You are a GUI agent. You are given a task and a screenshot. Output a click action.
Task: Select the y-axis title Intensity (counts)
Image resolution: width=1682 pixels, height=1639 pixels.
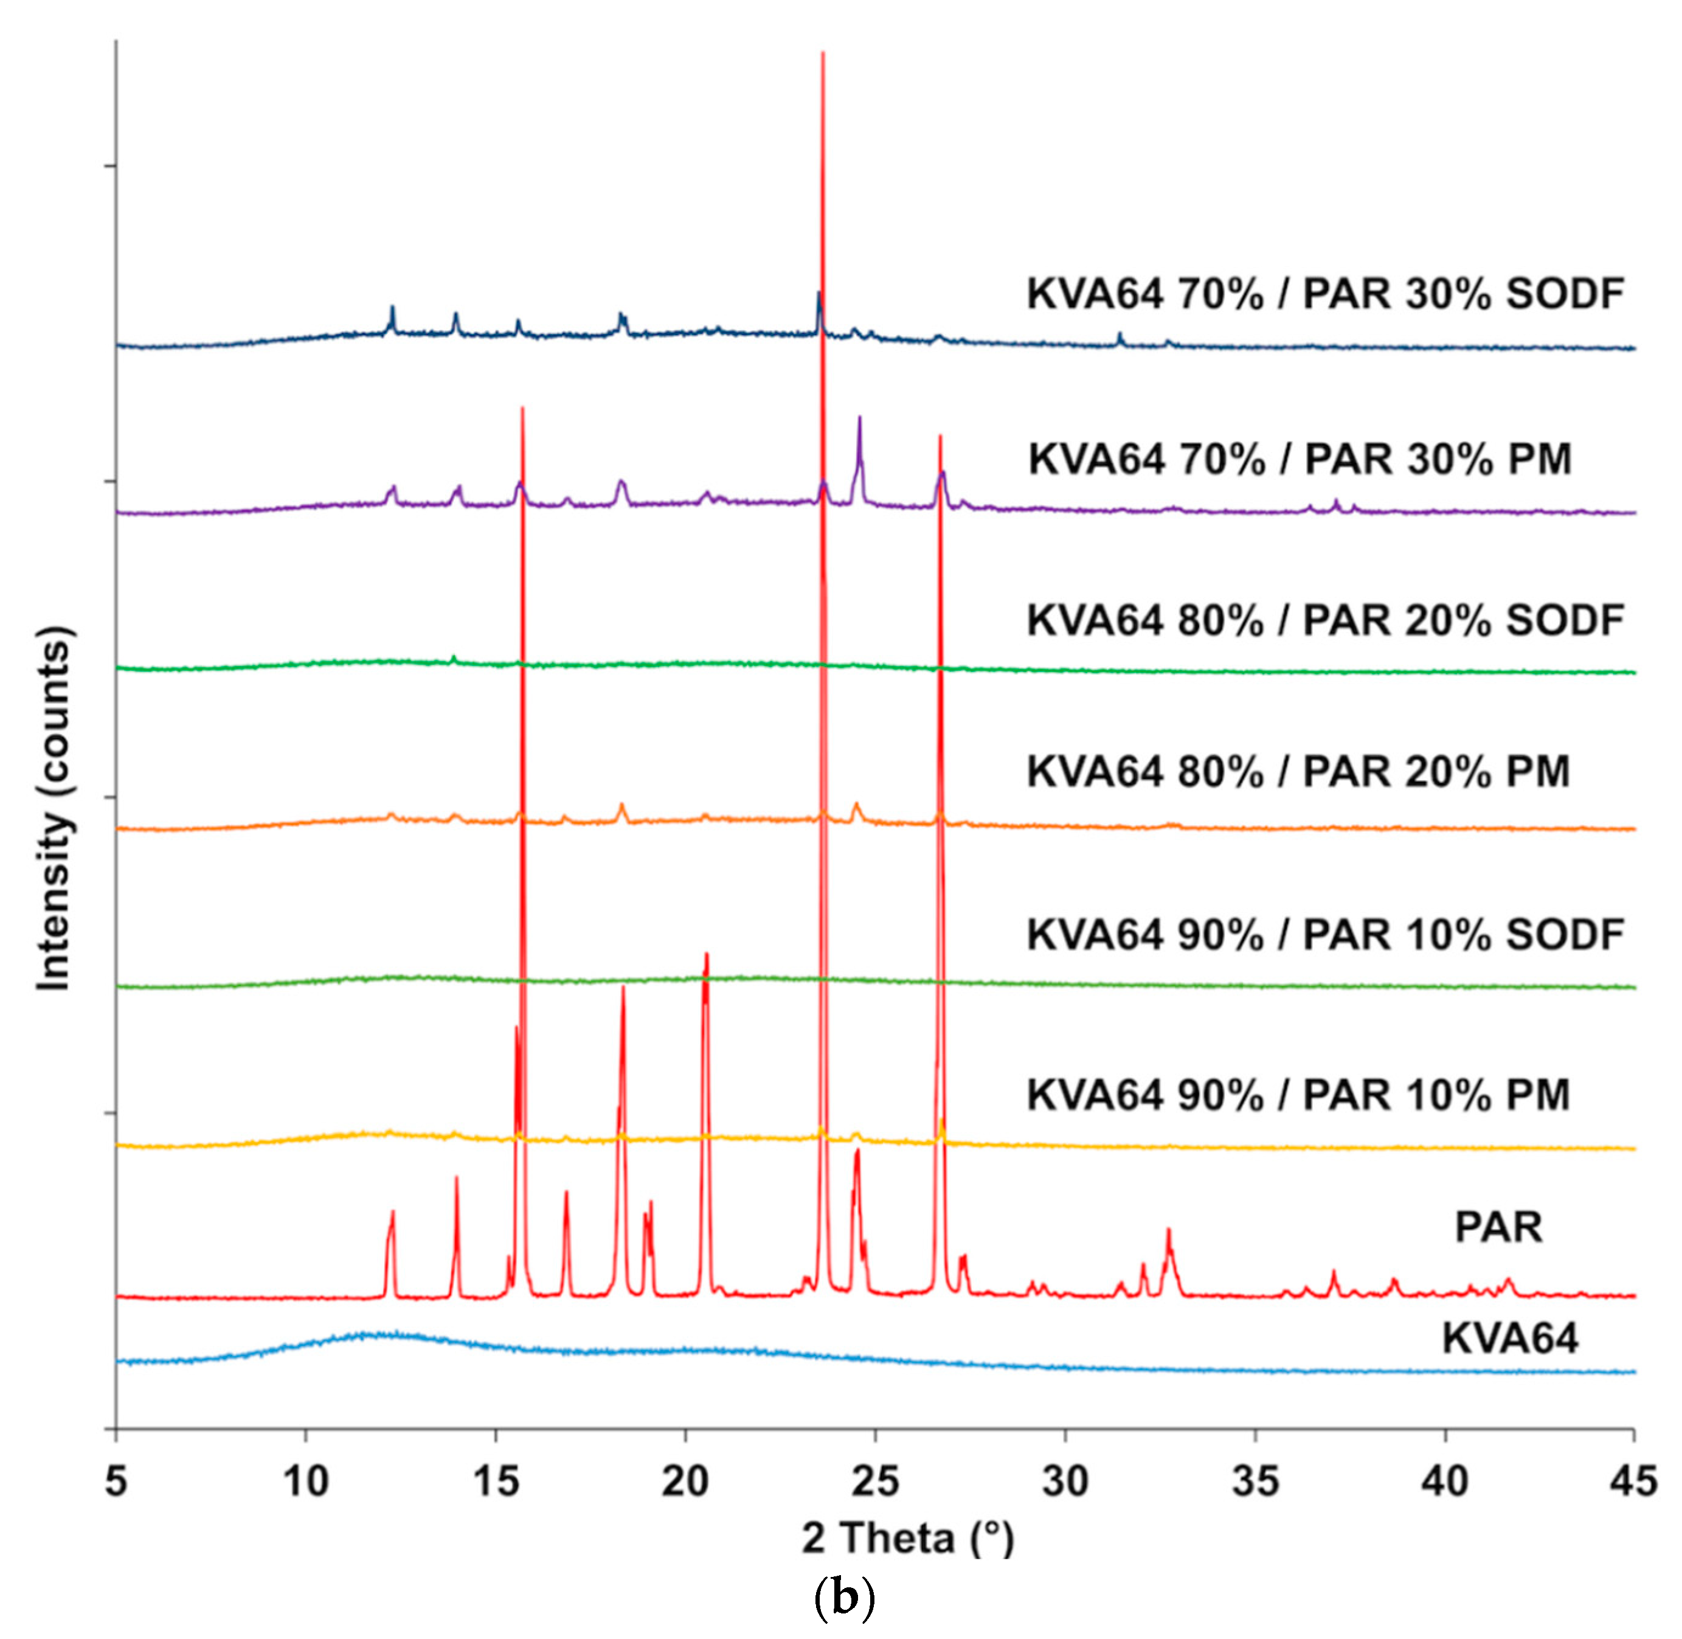[54, 809]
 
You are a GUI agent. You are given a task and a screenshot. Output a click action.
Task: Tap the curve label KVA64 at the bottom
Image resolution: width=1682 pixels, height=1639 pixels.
[1510, 1339]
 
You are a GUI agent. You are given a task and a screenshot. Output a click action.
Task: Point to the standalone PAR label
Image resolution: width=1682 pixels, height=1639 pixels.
[1498, 1227]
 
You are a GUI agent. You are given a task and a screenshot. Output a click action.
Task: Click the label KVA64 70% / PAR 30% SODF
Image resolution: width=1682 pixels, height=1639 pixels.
[1325, 294]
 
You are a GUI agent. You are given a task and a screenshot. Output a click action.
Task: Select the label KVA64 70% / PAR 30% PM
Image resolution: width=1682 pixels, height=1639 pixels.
[1300, 459]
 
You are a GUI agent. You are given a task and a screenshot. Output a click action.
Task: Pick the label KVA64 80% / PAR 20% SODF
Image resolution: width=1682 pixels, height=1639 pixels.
[1325, 621]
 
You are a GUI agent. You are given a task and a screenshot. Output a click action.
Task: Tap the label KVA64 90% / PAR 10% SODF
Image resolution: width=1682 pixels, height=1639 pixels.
[1325, 935]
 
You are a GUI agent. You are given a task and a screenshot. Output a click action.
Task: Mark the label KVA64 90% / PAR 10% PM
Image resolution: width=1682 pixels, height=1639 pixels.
[1298, 1095]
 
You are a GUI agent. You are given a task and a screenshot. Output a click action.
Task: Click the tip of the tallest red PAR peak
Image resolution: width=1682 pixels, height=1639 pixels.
[823, 54]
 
